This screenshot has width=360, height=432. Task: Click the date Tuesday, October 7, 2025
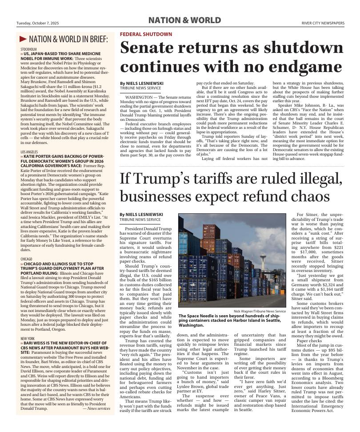coord(37,24)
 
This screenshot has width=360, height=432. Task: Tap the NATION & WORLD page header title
coord(184,20)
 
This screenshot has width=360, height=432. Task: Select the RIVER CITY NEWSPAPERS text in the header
coord(323,24)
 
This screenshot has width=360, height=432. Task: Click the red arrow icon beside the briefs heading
coord(23,40)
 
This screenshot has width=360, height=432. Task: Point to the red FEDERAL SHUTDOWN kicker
coord(146,34)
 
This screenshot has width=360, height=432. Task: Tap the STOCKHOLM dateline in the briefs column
coord(28,49)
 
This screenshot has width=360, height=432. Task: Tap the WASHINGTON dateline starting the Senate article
coord(139,96)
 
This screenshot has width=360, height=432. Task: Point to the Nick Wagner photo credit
coord(260,311)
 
